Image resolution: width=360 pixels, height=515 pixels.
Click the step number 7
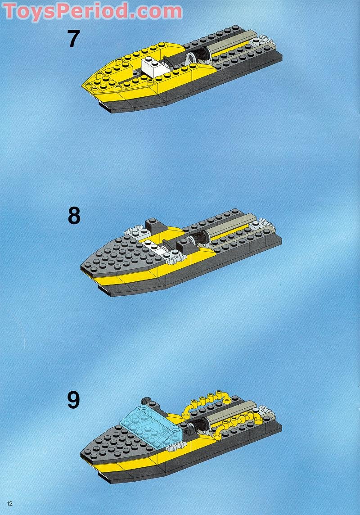[74, 39]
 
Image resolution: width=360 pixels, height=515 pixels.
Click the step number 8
[74, 216]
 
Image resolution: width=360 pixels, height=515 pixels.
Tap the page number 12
[9, 503]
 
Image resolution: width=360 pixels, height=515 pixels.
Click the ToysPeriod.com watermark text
[93, 11]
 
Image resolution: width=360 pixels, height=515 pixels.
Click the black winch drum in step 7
[202, 56]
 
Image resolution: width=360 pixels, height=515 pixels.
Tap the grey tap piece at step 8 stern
[265, 223]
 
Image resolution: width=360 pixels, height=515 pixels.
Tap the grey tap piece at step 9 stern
[265, 410]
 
